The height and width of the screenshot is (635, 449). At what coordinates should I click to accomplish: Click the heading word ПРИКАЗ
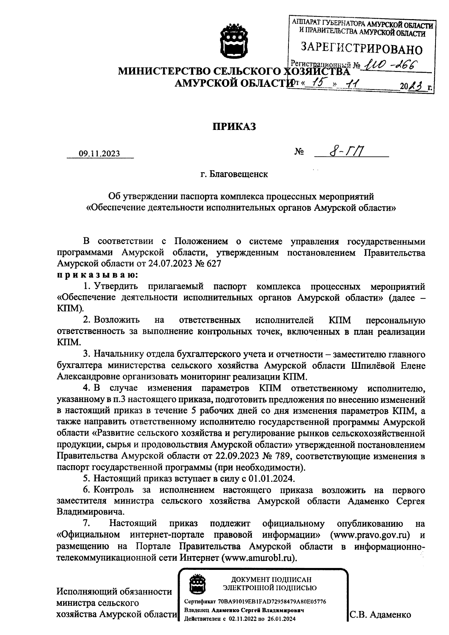tap(234, 127)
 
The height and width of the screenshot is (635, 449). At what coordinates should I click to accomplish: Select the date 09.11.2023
tap(99, 154)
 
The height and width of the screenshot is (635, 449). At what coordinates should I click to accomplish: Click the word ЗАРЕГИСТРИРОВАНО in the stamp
tap(361, 49)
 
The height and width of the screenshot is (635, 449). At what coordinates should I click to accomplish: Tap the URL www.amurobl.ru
tap(259, 557)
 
